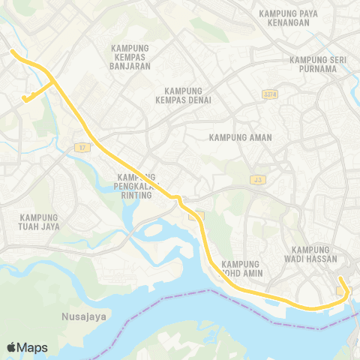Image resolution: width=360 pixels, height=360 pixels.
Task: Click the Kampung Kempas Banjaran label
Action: click(130, 57)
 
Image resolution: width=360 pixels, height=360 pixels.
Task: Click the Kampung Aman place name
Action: click(241, 137)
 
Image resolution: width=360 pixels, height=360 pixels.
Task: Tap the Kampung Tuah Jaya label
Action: click(40, 222)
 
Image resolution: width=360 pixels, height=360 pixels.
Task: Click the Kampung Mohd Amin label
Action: click(241, 269)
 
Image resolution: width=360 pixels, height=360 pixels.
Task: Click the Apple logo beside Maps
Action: click(11, 347)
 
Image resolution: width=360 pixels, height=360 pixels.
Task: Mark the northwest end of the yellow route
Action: click(11, 51)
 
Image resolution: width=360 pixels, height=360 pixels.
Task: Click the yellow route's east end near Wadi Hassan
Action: click(340, 278)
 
